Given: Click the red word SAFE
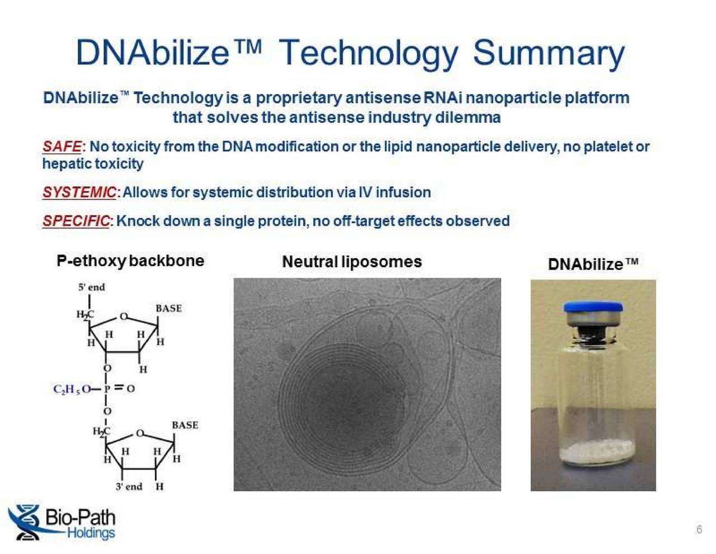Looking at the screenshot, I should pyautogui.click(x=62, y=147).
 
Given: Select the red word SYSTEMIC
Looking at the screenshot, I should pyautogui.click(x=79, y=192).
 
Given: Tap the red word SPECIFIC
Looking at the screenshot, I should pyautogui.click(x=76, y=221).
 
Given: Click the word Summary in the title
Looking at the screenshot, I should pyautogui.click(x=548, y=53).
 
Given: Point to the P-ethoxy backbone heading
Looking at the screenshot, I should pyautogui.click(x=130, y=261).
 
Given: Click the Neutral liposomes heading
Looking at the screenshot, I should pyautogui.click(x=352, y=262).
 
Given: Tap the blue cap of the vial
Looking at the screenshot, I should pyautogui.click(x=593, y=307).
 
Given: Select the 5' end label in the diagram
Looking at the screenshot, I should pyautogui.click(x=91, y=287).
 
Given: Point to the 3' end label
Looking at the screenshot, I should pyautogui.click(x=129, y=486).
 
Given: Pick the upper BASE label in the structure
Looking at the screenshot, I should pyautogui.click(x=168, y=308).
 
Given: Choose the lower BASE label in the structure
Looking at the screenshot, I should pyautogui.click(x=185, y=425).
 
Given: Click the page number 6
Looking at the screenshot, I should pyautogui.click(x=699, y=529).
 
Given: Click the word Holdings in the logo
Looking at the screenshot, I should pyautogui.click(x=91, y=533).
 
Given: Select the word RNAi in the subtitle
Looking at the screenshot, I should pyautogui.click(x=443, y=98).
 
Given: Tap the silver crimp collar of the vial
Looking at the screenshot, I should pyautogui.click(x=593, y=320).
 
